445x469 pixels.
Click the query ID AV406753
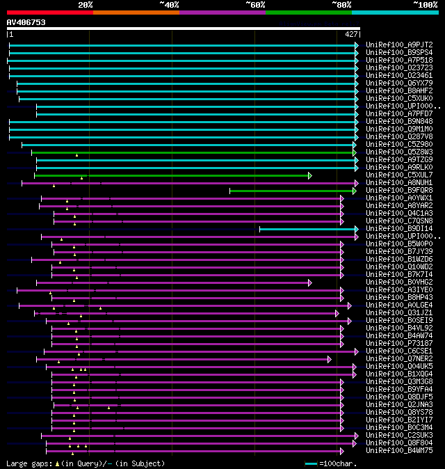tap(26, 22)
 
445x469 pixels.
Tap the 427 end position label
tap(351, 34)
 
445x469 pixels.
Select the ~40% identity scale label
tap(169, 4)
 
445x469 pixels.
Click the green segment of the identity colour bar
tap(308, 12)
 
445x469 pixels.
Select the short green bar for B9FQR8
tap(292, 190)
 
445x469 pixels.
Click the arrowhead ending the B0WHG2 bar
tap(310, 283)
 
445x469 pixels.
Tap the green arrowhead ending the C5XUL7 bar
tap(310, 175)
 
